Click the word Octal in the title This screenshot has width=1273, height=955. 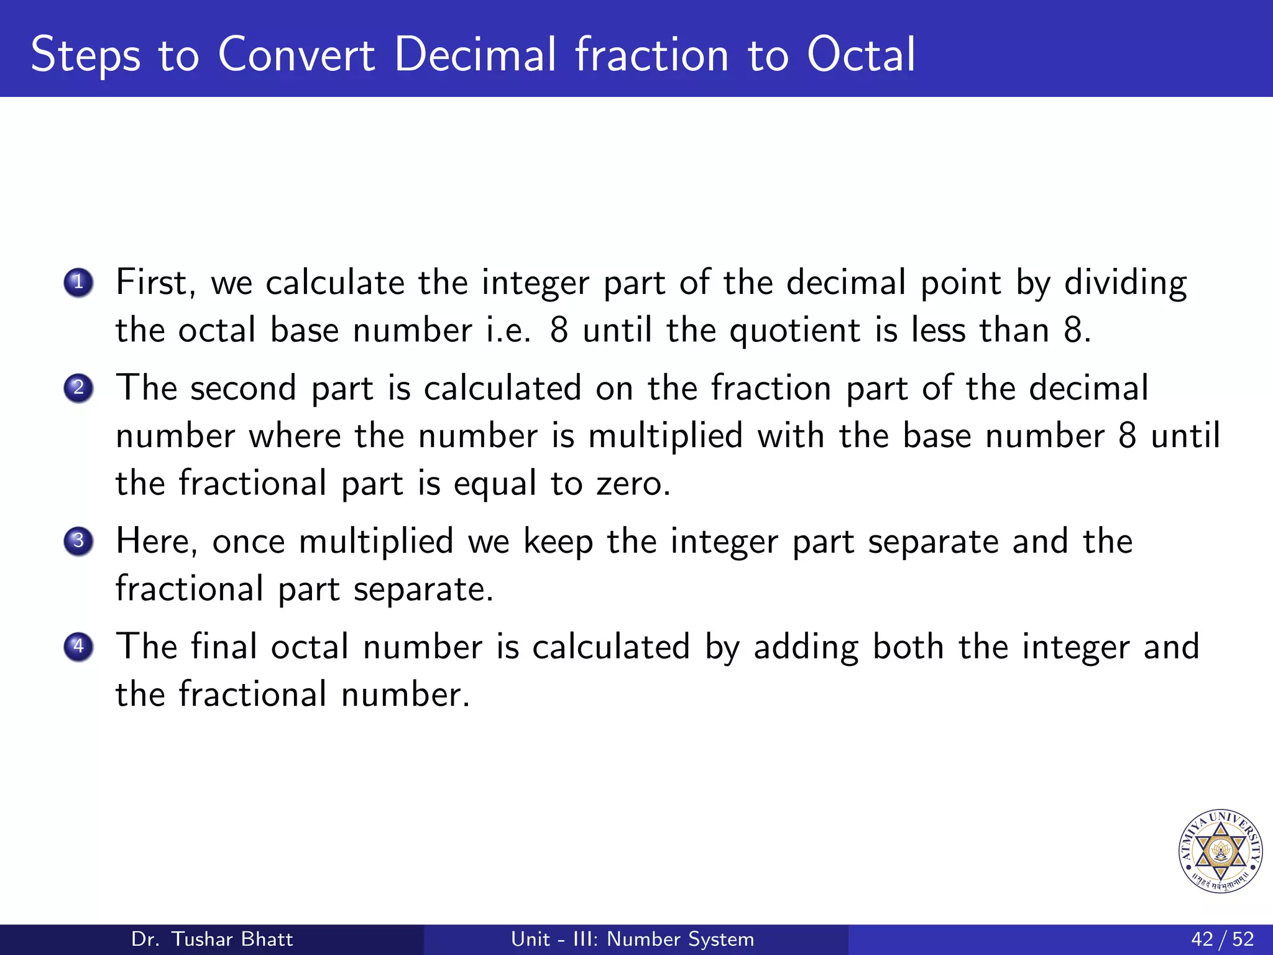(x=861, y=55)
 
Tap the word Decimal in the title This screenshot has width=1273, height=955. (x=475, y=55)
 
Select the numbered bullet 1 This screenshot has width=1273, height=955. (x=78, y=283)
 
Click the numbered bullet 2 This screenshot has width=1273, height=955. (x=78, y=388)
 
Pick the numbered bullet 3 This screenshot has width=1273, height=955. (x=78, y=541)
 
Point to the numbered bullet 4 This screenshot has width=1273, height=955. (x=78, y=647)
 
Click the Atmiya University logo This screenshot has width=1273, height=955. (x=1220, y=851)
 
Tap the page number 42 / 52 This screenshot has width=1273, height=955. (x=1222, y=939)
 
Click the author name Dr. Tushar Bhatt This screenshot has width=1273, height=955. (x=212, y=939)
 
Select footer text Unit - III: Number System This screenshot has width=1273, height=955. (x=632, y=939)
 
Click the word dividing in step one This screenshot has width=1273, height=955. (x=1125, y=283)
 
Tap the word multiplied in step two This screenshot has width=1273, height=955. (x=665, y=436)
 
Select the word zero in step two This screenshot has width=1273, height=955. (x=633, y=484)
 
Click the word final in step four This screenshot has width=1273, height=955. (x=224, y=647)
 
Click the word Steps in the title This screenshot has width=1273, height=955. (x=86, y=56)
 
